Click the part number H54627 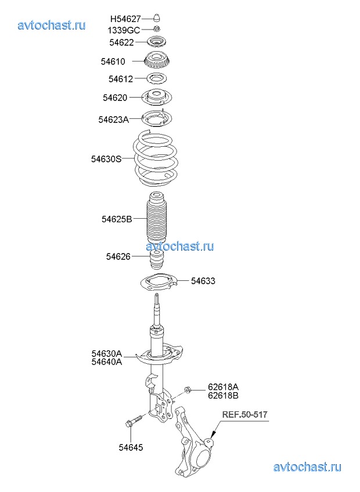pyautogui.click(x=125, y=19)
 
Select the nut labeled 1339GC pyautogui.click(x=158, y=29)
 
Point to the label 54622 pyautogui.click(x=121, y=42)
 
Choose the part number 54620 pyautogui.click(x=115, y=98)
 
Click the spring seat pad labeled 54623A pyautogui.click(x=157, y=118)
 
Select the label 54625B pyautogui.click(x=117, y=219)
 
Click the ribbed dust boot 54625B pyautogui.click(x=157, y=218)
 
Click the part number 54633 pyautogui.click(x=203, y=281)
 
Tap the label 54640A pyautogui.click(x=107, y=362)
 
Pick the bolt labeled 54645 pyautogui.click(x=134, y=421)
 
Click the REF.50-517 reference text pyautogui.click(x=245, y=415)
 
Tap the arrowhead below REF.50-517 pyautogui.click(x=213, y=435)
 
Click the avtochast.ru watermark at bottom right pyautogui.click(x=307, y=467)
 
